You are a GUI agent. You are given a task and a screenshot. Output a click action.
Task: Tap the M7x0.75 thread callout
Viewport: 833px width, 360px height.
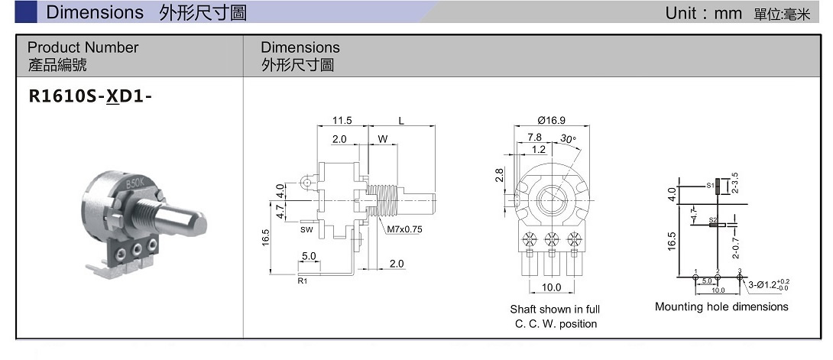405,229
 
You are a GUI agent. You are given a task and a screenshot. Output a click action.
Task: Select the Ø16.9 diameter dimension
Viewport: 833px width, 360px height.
551,120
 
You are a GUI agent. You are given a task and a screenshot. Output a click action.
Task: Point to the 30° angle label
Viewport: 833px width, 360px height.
567,138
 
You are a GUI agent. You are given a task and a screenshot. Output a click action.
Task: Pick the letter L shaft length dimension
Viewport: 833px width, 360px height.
401,121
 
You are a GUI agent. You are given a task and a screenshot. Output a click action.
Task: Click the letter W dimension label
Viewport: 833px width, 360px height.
382,139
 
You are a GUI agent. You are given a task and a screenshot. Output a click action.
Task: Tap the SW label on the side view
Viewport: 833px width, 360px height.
306,229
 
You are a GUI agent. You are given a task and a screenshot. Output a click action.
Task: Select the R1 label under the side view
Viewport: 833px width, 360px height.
302,281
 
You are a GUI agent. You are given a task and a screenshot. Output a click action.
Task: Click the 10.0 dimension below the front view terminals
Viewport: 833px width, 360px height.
551,287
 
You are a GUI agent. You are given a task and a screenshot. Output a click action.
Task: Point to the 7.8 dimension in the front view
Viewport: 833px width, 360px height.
535,138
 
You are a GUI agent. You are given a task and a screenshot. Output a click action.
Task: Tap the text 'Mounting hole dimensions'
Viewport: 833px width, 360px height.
721,306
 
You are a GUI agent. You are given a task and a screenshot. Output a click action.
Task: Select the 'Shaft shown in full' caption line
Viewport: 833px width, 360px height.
555,310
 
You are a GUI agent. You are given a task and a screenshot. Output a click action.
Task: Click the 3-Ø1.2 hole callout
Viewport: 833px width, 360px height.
768,285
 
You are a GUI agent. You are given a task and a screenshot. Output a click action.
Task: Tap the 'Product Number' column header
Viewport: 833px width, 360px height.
83,47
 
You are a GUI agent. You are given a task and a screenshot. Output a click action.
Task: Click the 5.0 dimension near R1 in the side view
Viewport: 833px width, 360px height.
310,257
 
